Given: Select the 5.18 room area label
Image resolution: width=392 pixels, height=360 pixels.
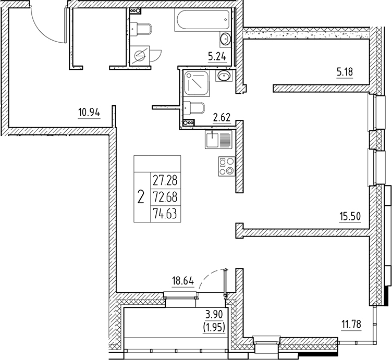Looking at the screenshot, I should tap(344, 72).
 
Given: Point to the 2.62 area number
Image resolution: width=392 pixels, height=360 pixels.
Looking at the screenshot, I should tap(222, 118).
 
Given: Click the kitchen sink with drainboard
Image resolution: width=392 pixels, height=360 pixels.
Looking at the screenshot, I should tap(218, 140).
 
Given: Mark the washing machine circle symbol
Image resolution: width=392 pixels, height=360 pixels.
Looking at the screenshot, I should tap(139, 56).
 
